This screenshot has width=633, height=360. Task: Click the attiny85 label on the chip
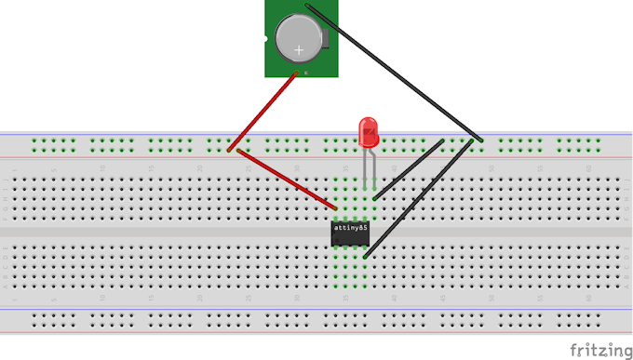pos(350,227)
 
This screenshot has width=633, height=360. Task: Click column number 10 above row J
pos(102,167)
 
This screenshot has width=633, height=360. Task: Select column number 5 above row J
pos(54,167)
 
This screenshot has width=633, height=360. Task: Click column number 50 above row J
pos(490,167)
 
